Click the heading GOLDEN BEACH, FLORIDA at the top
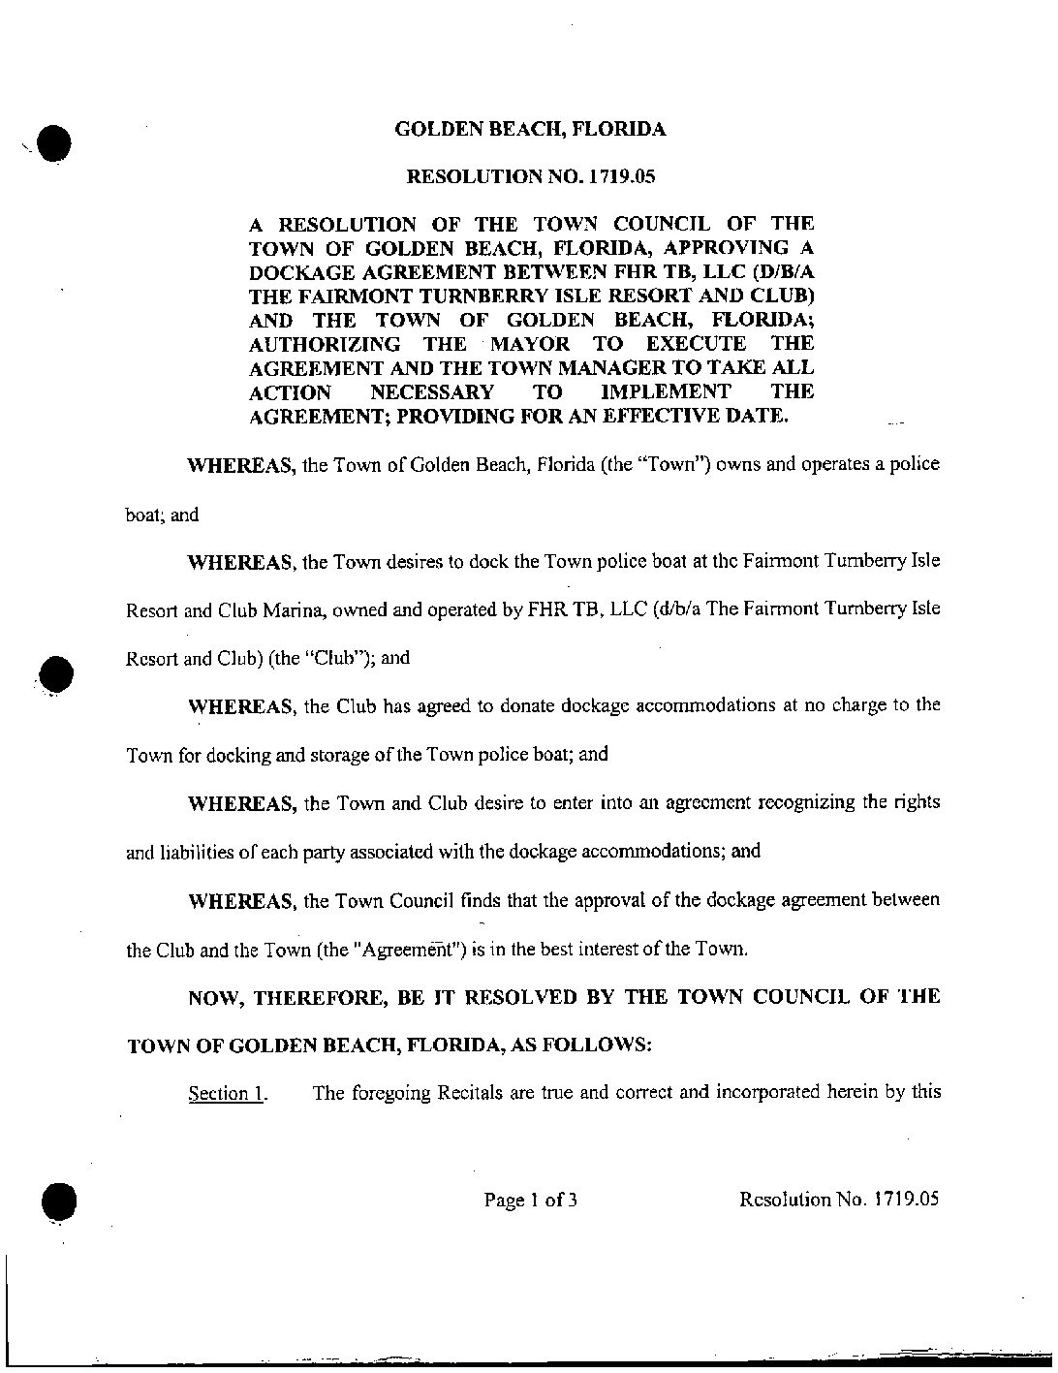click(x=530, y=129)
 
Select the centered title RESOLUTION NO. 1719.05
click(x=530, y=176)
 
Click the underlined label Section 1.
click(x=228, y=1094)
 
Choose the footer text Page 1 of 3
click(x=531, y=1201)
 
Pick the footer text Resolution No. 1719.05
click(x=839, y=1200)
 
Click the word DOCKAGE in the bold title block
click(x=296, y=272)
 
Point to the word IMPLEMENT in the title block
click(x=665, y=392)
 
